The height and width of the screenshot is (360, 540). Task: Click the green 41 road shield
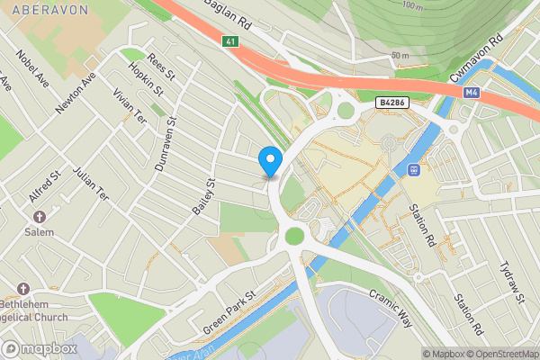pos(231,40)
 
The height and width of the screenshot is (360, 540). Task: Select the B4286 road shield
pos(394,104)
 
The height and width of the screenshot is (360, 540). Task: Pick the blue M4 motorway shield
pos(472,93)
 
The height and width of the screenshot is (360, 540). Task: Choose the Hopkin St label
pos(147,79)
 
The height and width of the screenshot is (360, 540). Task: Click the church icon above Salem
pos(40,217)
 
